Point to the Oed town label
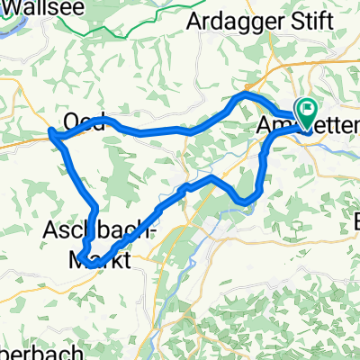point(83,121)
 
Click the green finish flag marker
point(307,112)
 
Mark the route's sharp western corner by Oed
point(50,136)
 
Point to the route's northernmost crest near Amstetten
point(245,94)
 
